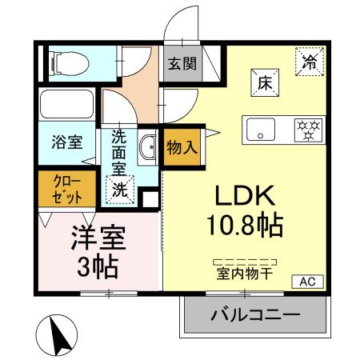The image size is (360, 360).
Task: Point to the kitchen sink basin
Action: pos(261,128)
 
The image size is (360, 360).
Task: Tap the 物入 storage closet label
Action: pos(181,147)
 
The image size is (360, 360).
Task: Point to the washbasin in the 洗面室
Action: pos(149,147)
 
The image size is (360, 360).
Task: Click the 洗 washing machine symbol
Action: pos(118,190)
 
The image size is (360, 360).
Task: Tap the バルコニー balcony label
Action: pos(255,314)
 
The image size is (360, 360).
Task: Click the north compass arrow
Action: pos(54,335)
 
